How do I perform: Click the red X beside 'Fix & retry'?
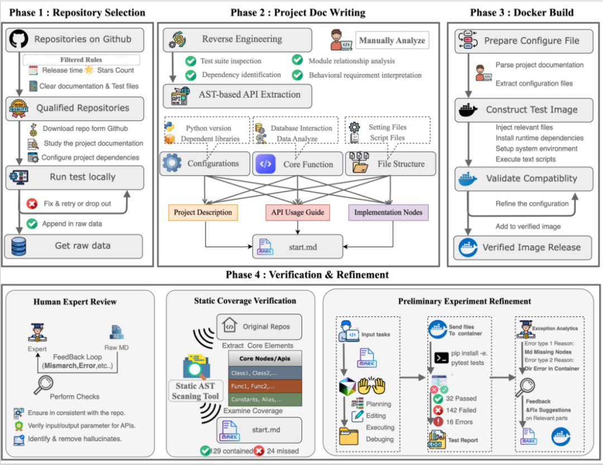[x=32, y=204]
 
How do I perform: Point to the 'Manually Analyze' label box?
[x=392, y=40]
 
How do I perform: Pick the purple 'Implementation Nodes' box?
[x=389, y=212]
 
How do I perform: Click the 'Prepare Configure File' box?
[x=524, y=41]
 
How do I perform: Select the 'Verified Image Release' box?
[x=524, y=247]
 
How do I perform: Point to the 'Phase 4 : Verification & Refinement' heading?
[x=307, y=275]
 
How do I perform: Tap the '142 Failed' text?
[x=462, y=410]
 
